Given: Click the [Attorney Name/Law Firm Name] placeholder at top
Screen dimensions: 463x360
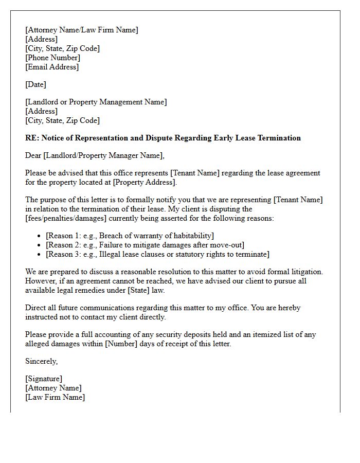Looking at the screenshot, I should pyautogui.click(x=81, y=30).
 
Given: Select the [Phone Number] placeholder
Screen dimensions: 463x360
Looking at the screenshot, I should pyautogui.click(x=52, y=58).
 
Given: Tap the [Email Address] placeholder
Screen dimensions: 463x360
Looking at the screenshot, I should pyautogui.click(x=52, y=67).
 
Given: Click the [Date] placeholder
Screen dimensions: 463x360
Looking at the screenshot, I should pyautogui.click(x=35, y=84).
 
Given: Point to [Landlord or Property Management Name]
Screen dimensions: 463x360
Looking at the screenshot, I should pyautogui.click(x=96, y=102).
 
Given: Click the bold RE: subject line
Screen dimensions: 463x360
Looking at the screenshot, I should pyautogui.click(x=163, y=138).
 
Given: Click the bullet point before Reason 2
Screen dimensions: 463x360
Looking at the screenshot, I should pyautogui.click(x=40, y=245).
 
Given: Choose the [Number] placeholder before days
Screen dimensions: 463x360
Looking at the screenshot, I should pyautogui.click(x=122, y=344).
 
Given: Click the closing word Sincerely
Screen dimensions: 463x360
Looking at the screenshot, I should pyautogui.click(x=41, y=361).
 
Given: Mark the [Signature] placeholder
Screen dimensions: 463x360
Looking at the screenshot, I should pyautogui.click(x=44, y=379).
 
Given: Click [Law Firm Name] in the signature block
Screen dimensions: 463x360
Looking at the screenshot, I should pyautogui.click(x=55, y=397).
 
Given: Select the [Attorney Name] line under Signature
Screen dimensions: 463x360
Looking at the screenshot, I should pyautogui.click(x=53, y=388).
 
